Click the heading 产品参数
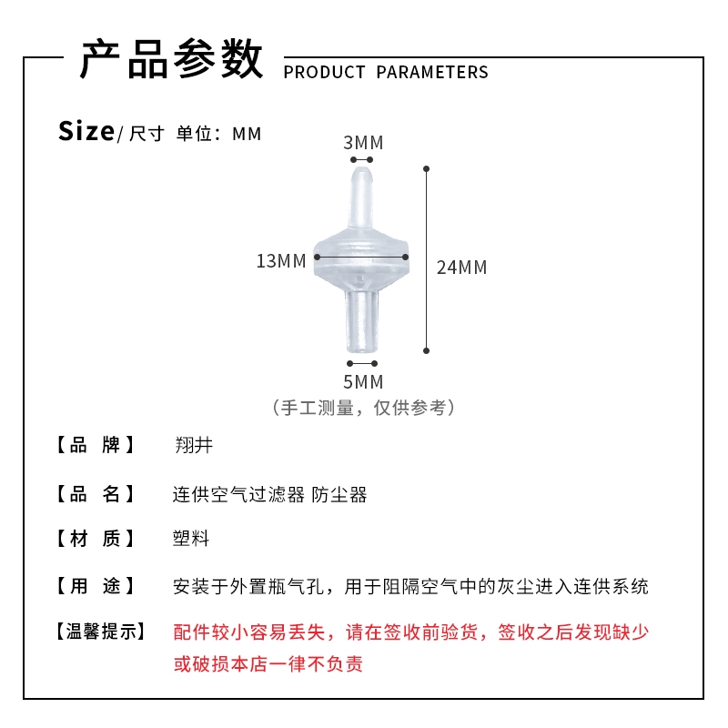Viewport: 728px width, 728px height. coord(171,60)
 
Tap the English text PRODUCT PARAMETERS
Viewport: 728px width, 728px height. coord(386,73)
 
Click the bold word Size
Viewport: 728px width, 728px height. coord(86,131)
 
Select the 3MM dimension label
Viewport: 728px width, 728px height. coord(363,143)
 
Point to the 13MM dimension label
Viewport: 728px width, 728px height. coord(281,261)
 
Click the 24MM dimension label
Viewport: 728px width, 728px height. coord(461,268)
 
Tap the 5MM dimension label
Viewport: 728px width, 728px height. coord(363,381)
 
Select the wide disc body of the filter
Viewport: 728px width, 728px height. coord(362,259)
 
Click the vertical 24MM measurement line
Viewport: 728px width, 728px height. coord(426,259)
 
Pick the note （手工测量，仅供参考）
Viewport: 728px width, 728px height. coord(363,408)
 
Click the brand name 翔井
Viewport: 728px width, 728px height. coord(193,446)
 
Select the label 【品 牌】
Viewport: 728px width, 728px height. coord(96,446)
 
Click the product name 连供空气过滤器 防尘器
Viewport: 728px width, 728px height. coord(270,495)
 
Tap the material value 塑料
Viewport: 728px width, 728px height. coord(191,539)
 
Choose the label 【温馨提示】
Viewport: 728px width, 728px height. coord(99,632)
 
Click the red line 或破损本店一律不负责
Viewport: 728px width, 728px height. coord(268,664)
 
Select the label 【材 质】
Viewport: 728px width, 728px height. coord(96,539)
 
